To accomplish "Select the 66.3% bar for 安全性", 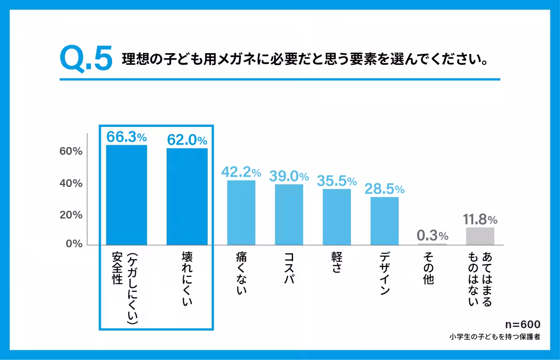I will tap(126, 194).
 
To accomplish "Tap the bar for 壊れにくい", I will tap(187, 196).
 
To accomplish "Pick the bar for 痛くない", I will tap(241, 212).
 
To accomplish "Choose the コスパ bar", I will tap(289, 215).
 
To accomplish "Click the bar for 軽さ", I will tap(336, 217).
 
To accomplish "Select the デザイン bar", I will tap(385, 221).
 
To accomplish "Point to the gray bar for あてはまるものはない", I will tap(480, 236).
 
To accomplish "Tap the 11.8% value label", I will tap(480, 219).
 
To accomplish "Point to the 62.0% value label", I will tap(187, 140).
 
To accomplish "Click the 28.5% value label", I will tap(385, 189).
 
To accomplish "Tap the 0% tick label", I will tap(73, 244).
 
